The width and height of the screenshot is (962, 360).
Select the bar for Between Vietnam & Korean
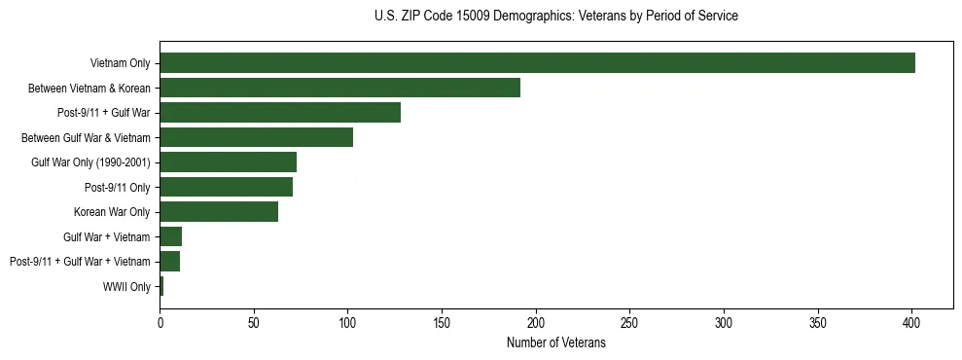point(339,88)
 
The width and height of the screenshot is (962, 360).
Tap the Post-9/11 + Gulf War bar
point(280,113)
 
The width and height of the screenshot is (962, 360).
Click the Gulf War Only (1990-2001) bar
point(228,162)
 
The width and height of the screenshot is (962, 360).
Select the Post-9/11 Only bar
point(226,187)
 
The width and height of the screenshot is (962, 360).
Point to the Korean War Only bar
point(219,212)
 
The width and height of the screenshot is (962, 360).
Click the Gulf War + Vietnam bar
point(171,236)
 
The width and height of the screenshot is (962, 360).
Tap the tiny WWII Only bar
point(161,286)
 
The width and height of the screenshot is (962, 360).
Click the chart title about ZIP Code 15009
point(555,17)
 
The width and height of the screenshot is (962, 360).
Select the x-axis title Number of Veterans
point(555,343)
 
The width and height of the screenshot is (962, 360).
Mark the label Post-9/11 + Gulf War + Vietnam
point(80,262)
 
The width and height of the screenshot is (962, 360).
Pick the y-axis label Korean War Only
point(112,212)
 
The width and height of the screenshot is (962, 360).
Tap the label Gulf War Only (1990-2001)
point(90,162)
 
